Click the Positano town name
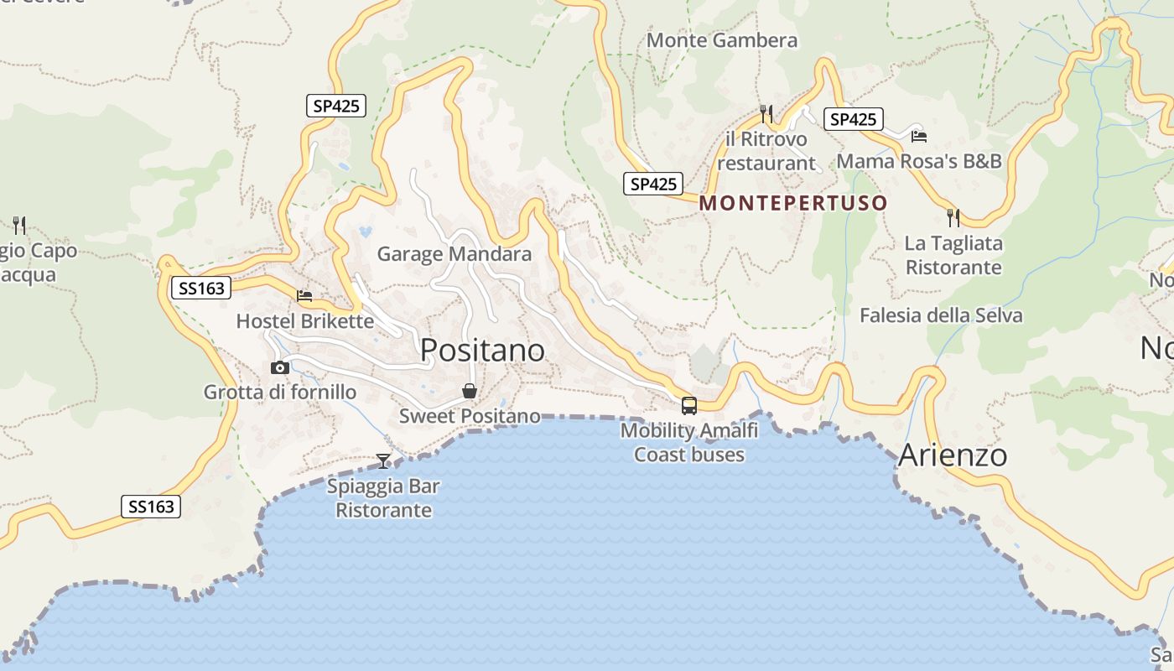[482, 350]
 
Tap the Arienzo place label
[953, 455]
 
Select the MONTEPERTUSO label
[792, 203]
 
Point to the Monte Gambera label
[722, 40]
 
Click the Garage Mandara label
[455, 254]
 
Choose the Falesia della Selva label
[941, 315]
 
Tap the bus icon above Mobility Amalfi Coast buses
[689, 406]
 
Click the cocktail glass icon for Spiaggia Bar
[383, 460]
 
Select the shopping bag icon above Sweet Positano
[470, 391]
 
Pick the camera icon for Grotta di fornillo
[280, 367]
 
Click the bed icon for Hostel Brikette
[304, 296]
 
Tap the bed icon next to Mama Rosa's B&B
[919, 136]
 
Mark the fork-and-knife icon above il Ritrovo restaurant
[766, 113]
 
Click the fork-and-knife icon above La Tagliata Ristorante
[953, 218]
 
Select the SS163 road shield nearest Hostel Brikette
[202, 289]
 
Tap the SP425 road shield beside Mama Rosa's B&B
[853, 119]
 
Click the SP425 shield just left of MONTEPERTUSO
[653, 184]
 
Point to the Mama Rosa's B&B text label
[919, 161]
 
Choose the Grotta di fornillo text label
[280, 393]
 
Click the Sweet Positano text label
[470, 416]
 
